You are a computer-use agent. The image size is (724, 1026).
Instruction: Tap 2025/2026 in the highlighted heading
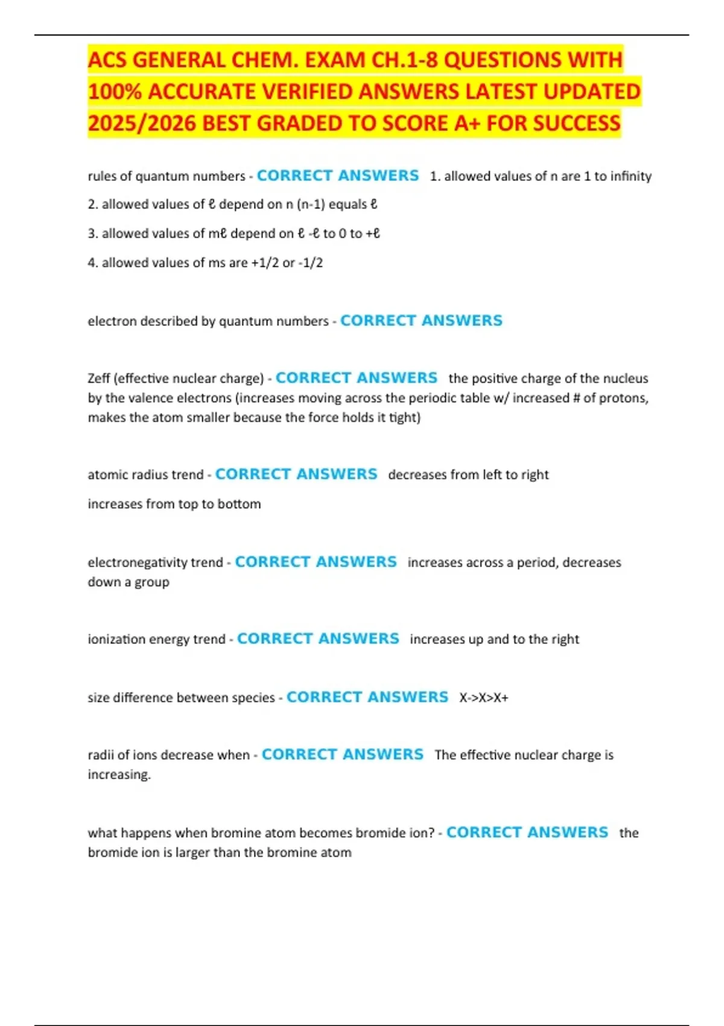(141, 123)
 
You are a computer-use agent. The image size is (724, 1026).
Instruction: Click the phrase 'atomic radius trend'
(145, 475)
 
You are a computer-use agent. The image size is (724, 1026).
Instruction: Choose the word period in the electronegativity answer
(538, 562)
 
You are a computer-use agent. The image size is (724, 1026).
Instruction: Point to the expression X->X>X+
(484, 698)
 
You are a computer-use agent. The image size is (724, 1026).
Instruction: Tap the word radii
(100, 755)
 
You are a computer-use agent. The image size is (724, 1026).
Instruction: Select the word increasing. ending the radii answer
(119, 774)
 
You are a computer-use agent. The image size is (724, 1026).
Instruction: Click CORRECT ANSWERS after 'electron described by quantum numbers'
(421, 320)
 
